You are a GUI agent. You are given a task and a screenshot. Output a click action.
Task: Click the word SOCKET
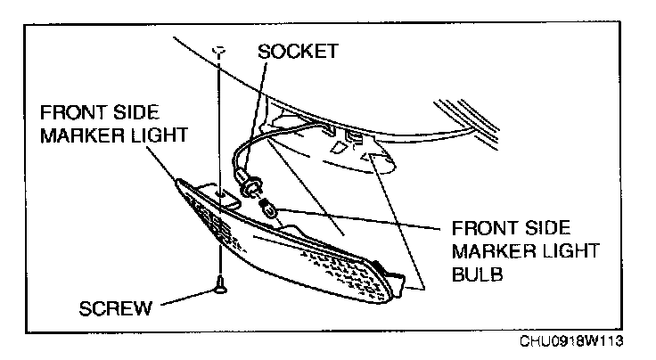tap(297, 51)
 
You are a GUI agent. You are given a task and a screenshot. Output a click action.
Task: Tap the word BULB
tap(480, 275)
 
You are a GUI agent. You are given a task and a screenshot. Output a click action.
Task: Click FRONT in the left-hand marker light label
tap(73, 115)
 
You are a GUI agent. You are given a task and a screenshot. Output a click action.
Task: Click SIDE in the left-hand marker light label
tap(138, 115)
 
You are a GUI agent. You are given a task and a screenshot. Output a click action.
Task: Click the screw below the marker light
tap(219, 286)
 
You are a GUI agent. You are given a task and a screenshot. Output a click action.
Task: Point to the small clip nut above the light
tap(217, 50)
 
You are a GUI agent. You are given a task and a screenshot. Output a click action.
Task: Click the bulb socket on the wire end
tap(252, 189)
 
